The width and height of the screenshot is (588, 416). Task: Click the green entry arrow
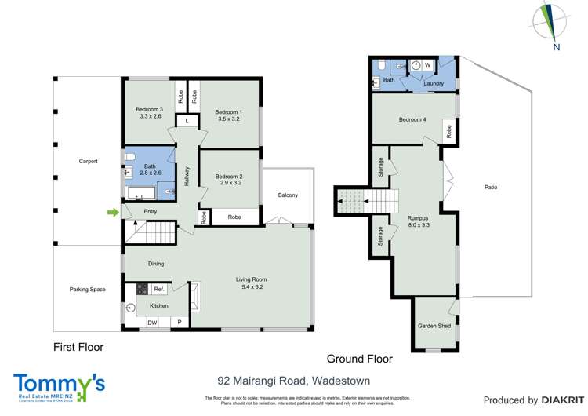[x=113, y=212]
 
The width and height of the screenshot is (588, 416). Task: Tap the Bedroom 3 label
[x=149, y=109]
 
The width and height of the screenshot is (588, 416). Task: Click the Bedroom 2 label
[x=229, y=177]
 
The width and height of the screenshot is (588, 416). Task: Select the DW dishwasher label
[x=152, y=322]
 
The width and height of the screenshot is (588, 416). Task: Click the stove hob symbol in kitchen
[x=143, y=289]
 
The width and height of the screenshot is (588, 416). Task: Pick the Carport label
[x=88, y=162]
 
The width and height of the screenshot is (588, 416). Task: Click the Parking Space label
[x=87, y=290]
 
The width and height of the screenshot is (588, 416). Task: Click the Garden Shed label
[x=434, y=325]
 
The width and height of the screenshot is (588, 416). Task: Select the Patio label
[x=491, y=188]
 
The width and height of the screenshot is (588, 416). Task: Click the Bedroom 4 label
[x=412, y=119]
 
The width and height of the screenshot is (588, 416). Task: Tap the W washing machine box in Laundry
[x=428, y=65]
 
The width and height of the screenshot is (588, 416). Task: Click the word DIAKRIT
[x=554, y=400]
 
